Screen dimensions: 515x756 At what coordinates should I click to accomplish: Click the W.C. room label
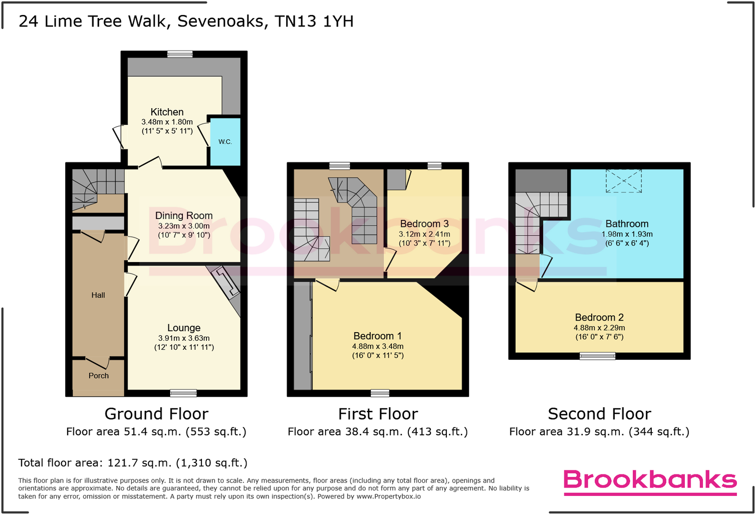(225, 142)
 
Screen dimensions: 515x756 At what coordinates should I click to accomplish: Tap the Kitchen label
(167, 112)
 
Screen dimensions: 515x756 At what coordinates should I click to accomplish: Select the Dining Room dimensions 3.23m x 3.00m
(184, 226)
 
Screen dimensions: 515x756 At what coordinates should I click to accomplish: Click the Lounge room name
(184, 328)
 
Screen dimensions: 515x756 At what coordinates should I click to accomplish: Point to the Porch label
(99, 376)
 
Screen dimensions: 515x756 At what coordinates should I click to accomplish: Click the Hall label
(98, 295)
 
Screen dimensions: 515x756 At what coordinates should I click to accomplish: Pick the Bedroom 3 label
(424, 224)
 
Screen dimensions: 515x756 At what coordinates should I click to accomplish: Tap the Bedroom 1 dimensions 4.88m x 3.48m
(378, 346)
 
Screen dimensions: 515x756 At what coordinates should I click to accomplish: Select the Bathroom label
(627, 224)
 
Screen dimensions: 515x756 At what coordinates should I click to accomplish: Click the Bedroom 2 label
(599, 318)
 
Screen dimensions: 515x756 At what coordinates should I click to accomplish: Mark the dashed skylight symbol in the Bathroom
(624, 181)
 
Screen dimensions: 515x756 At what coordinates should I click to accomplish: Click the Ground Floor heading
(156, 414)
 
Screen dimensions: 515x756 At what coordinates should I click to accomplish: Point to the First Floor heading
(378, 414)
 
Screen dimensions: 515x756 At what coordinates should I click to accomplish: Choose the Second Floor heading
(599, 414)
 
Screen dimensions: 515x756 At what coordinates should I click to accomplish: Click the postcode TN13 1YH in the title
(314, 22)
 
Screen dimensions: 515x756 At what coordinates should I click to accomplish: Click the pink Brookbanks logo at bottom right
(650, 480)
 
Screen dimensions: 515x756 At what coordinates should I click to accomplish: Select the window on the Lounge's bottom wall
(183, 393)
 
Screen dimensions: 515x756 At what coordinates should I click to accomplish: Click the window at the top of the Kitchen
(180, 54)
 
